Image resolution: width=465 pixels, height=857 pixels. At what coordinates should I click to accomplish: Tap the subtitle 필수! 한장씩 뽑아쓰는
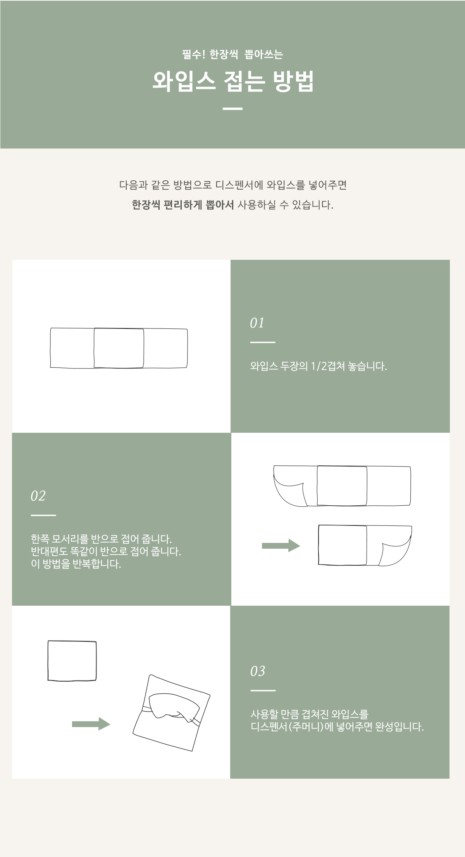232,54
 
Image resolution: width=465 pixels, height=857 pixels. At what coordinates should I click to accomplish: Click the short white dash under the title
233,109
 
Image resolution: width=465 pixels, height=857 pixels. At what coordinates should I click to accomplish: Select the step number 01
257,323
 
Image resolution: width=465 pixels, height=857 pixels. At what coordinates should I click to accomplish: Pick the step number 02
38,496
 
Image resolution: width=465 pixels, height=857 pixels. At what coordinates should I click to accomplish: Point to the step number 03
258,671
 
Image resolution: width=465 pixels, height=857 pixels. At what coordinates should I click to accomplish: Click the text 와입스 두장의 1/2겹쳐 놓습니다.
319,366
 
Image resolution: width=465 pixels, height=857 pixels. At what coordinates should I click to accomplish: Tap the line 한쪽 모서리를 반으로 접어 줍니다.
101,539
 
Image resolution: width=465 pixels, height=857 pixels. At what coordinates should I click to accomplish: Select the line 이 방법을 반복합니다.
76,564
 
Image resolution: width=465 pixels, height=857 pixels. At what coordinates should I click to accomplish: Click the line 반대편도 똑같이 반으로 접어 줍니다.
106,551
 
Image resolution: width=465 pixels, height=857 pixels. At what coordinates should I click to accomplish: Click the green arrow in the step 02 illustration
281,546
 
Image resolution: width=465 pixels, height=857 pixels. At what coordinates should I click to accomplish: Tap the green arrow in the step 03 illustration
91,724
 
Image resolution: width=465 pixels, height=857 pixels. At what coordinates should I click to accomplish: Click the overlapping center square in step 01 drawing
119,348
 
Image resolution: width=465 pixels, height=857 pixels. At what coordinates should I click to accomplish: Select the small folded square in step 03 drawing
72,661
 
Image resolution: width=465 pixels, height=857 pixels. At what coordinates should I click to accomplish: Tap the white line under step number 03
263,691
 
